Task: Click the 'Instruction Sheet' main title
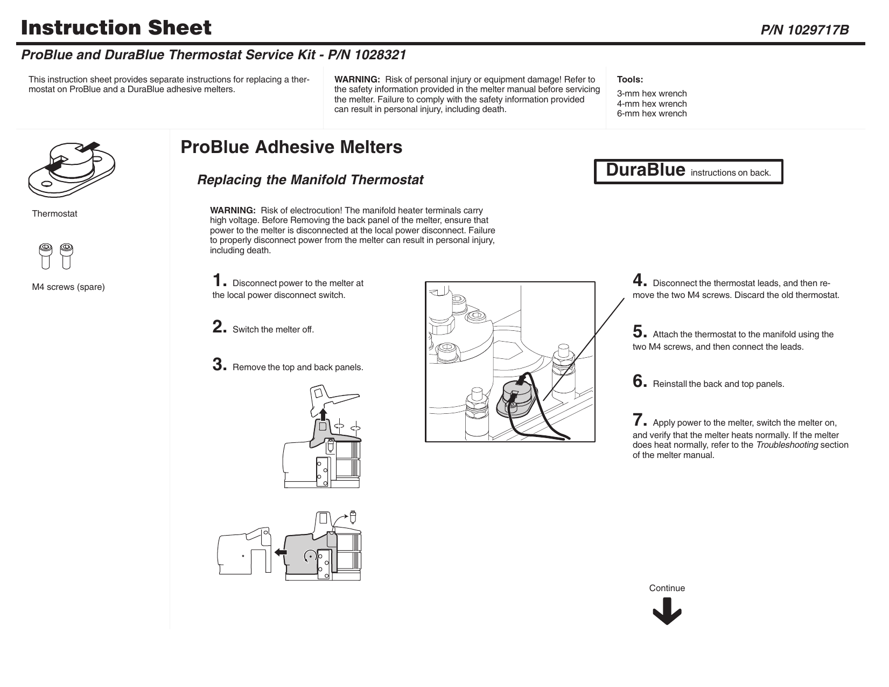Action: [x=116, y=27]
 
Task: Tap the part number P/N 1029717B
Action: [x=804, y=30]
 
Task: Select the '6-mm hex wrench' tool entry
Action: [x=652, y=114]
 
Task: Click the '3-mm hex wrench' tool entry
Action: [x=652, y=94]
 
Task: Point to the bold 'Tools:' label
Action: [x=629, y=80]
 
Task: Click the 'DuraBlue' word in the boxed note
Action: [x=645, y=170]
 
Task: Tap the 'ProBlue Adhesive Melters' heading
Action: [x=291, y=147]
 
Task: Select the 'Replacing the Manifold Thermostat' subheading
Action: [x=310, y=180]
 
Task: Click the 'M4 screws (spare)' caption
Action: [x=68, y=287]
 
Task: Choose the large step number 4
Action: [x=639, y=281]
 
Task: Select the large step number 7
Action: [x=639, y=420]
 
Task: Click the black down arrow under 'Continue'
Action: [x=667, y=613]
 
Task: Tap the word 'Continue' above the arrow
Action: [x=667, y=588]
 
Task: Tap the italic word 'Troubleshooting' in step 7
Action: [x=787, y=445]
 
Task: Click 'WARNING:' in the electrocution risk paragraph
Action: [x=233, y=210]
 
